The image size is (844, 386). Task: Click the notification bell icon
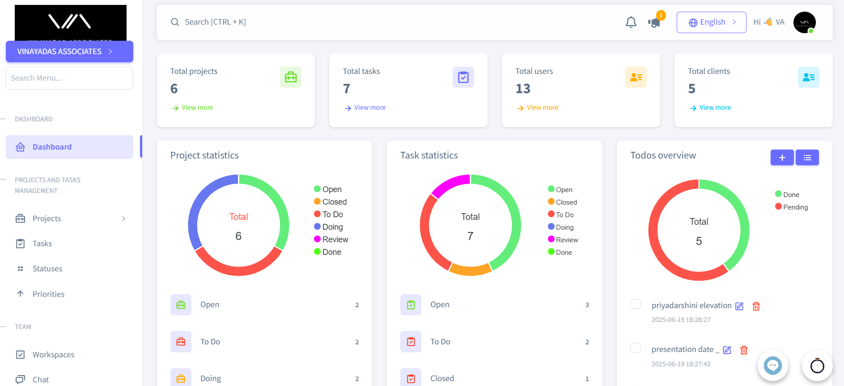[x=631, y=22]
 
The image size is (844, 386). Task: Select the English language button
[x=711, y=22]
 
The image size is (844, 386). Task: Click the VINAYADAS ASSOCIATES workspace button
[x=69, y=51]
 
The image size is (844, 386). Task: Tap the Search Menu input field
[x=69, y=78]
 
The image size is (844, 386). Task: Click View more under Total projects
[x=197, y=107]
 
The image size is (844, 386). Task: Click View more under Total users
[x=542, y=107]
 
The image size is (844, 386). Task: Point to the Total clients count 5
[x=691, y=89]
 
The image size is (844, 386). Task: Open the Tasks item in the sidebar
[x=42, y=244]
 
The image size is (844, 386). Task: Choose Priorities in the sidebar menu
[x=48, y=294]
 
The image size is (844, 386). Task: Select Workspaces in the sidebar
[x=53, y=355]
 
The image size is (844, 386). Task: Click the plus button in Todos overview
[x=782, y=158]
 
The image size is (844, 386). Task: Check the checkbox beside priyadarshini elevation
[x=635, y=304]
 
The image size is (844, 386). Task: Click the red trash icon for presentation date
[x=744, y=350]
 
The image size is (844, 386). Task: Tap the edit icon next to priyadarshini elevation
[x=739, y=306]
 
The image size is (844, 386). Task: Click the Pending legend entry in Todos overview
[x=795, y=207]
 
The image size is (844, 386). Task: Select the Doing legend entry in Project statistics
[x=332, y=227]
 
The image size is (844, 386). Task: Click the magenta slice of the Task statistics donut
[x=450, y=184]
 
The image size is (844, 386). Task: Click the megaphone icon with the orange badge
[x=654, y=22]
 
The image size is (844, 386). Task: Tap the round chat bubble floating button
[x=772, y=365]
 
